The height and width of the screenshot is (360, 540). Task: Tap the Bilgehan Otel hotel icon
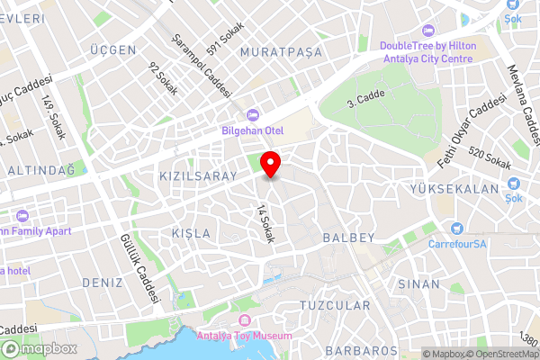tap(252, 114)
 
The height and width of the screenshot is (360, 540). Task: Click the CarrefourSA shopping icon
tap(457, 229)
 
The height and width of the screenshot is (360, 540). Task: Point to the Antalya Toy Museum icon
tap(242, 321)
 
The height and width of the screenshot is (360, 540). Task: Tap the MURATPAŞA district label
tap(281, 52)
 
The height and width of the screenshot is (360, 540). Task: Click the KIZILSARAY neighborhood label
tap(197, 175)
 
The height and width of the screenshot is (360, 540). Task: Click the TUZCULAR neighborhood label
tap(335, 306)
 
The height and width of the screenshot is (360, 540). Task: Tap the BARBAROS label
tap(361, 350)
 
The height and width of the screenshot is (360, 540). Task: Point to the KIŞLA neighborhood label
tap(191, 233)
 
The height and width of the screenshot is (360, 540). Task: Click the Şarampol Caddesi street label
tap(202, 67)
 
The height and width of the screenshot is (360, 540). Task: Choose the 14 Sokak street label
tap(265, 223)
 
